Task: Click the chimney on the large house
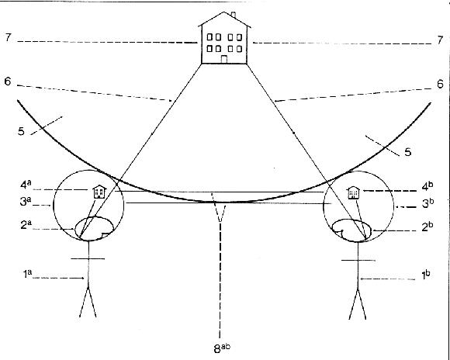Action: pyautogui.click(x=234, y=15)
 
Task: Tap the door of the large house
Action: pyautogui.click(x=224, y=59)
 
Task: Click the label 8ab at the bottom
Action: pyautogui.click(x=222, y=348)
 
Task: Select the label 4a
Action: pyautogui.click(x=26, y=185)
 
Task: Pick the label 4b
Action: pyautogui.click(x=426, y=187)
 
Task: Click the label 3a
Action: pyautogui.click(x=25, y=202)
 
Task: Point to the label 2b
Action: pyautogui.click(x=426, y=227)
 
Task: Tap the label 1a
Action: pyautogui.click(x=27, y=274)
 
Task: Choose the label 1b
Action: pyautogui.click(x=425, y=275)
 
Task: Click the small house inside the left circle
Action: pyautogui.click(x=99, y=192)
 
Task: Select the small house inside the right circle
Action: pyautogui.click(x=353, y=192)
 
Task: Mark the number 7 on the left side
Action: pyautogui.click(x=8, y=37)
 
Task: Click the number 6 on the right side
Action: pyautogui.click(x=440, y=84)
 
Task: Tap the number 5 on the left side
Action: pyautogui.click(x=21, y=132)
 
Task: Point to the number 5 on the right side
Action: pyautogui.click(x=408, y=152)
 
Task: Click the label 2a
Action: pyautogui.click(x=26, y=225)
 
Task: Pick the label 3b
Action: pyautogui.click(x=426, y=203)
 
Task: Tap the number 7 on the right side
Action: pyautogui.click(x=440, y=40)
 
